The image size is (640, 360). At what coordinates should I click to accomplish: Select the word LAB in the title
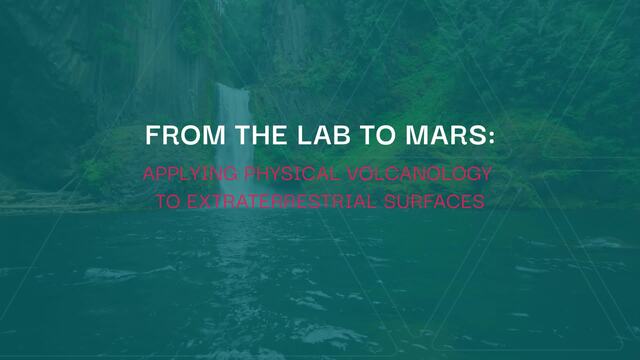coord(324,135)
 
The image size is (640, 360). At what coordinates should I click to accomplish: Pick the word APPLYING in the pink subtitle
coord(190,174)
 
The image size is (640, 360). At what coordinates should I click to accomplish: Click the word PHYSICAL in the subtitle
coord(291,174)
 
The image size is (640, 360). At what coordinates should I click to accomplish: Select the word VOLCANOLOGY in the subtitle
coord(419,174)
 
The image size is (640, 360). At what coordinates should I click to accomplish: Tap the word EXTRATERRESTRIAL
coord(281,202)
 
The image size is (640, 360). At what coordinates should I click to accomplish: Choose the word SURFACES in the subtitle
coord(434,202)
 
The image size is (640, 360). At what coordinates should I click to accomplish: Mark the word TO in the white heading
coord(378,135)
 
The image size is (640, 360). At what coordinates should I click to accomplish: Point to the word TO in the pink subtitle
coord(168,202)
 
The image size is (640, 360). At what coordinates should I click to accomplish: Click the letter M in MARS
coord(416,135)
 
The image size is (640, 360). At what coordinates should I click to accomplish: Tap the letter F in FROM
coord(153,135)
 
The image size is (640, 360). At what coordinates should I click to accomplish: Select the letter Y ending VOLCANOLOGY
coord(485,174)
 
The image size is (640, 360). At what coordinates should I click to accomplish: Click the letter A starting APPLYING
coord(149,174)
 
